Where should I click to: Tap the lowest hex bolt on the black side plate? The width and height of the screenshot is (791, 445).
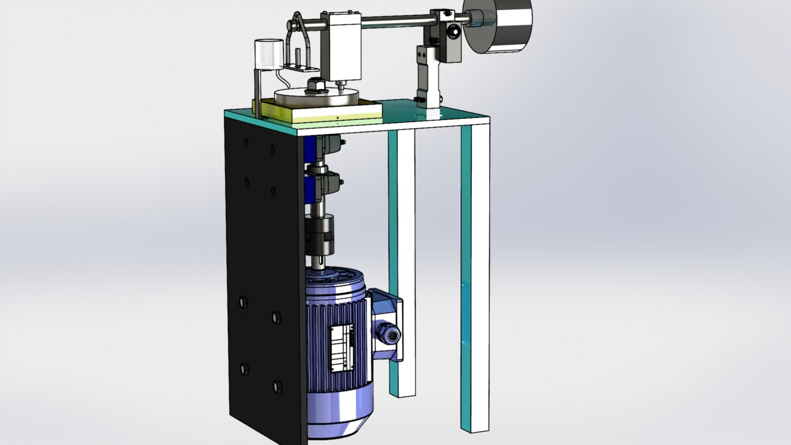277,386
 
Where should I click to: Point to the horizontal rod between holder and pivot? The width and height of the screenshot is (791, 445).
395,19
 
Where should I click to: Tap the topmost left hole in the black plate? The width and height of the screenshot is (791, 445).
246,142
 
